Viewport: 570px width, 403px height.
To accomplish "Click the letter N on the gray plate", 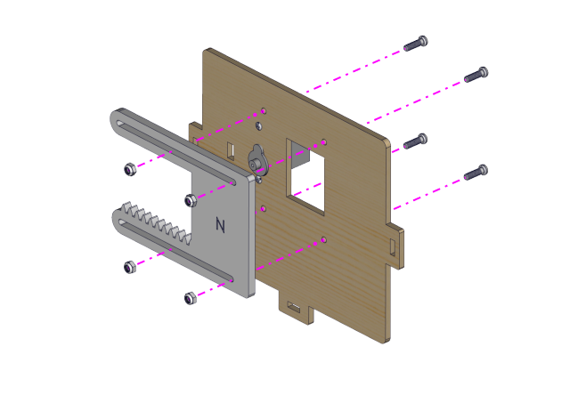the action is [x=220, y=225].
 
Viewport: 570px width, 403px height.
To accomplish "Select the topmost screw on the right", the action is [x=416, y=44].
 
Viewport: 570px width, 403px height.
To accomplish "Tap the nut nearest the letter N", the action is [x=191, y=200].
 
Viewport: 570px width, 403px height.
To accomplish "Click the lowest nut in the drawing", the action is [x=190, y=298].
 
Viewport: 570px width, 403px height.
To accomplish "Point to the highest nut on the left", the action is [x=130, y=169].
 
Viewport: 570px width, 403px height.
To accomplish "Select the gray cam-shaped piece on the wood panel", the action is [x=257, y=160].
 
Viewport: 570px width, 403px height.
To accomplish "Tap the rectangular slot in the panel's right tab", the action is [x=393, y=246].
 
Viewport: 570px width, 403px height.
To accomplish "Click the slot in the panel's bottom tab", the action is [x=294, y=308].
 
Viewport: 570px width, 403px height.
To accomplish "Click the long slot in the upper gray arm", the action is [x=175, y=151].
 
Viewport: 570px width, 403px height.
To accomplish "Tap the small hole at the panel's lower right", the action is [x=324, y=240].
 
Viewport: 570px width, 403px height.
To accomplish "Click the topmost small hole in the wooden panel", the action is [x=264, y=110].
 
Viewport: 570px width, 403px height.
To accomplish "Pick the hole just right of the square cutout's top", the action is [x=324, y=142].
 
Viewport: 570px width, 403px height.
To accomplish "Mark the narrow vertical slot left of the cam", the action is [x=231, y=150].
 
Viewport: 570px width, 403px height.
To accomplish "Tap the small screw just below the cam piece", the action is [x=258, y=180].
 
